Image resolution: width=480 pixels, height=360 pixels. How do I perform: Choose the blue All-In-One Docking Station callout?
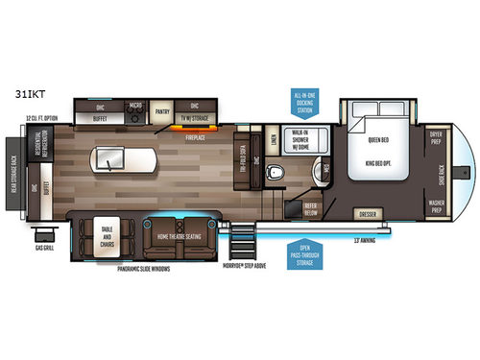pos(307,102)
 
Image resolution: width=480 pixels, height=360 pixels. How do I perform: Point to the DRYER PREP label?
pos(434,138)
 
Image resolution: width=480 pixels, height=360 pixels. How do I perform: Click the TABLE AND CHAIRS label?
pos(104,233)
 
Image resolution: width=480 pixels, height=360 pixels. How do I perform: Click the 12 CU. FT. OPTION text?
pos(41,119)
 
